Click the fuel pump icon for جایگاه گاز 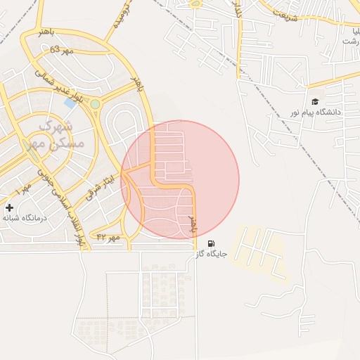pos(212,243)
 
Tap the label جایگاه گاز pos(212,254)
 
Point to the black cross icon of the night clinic pos(9,207)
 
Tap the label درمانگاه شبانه pos(24,218)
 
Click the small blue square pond pos(70,103)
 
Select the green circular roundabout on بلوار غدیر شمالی pos(95,105)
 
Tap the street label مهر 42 pos(109,238)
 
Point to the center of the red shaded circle pos(180,180)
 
